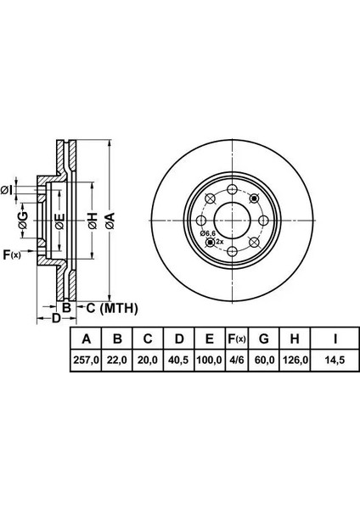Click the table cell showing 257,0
tap(86, 360)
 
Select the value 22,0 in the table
tap(117, 360)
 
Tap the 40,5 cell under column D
tap(179, 360)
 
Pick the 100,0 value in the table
tap(210, 360)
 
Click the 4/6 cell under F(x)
tap(237, 360)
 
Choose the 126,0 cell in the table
tap(295, 360)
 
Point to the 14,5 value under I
tap(335, 360)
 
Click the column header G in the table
tap(263, 338)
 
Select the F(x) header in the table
tap(237, 338)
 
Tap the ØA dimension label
tap(110, 221)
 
